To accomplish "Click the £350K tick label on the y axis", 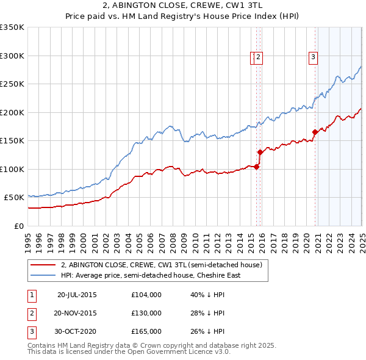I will click(x=12, y=27).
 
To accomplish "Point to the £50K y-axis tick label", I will click(x=14, y=198).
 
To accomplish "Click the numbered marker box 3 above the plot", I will click(x=313, y=57).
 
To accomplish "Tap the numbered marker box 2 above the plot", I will click(x=259, y=57).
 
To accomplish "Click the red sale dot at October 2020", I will click(x=315, y=132).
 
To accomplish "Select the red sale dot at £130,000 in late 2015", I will click(x=260, y=152).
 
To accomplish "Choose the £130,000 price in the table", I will click(x=146, y=313).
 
